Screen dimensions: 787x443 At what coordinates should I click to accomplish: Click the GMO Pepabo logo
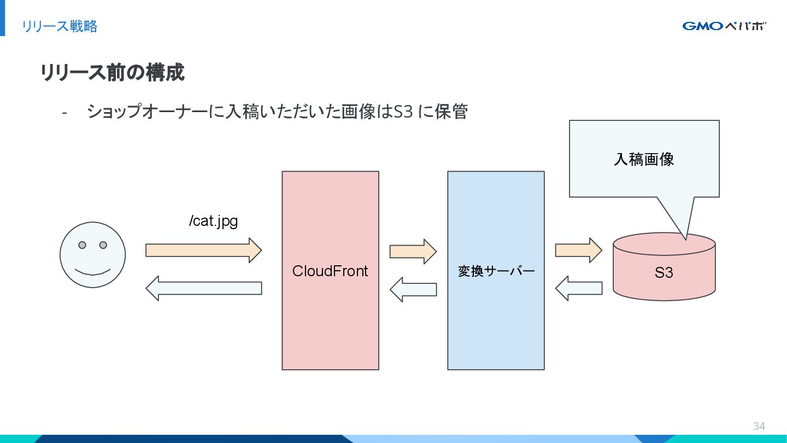[x=724, y=26]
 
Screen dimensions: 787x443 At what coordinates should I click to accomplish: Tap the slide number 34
[x=759, y=426]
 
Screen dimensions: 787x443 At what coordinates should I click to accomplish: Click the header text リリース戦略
[x=60, y=26]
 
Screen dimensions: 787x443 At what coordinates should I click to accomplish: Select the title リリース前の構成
[x=113, y=72]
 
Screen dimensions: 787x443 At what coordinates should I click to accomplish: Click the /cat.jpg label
[x=213, y=221]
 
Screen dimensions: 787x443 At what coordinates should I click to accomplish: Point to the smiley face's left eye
[x=82, y=245]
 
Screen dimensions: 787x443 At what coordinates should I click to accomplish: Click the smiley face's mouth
[x=93, y=272]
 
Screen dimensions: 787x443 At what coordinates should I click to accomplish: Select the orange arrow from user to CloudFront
[x=204, y=250]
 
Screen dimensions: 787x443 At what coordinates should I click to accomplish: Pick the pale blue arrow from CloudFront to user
[x=204, y=288]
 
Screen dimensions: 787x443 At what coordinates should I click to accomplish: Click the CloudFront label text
[x=330, y=271]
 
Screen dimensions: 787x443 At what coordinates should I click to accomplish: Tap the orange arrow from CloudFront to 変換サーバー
[x=413, y=252]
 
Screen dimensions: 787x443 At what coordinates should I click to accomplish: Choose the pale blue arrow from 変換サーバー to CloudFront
[x=413, y=290]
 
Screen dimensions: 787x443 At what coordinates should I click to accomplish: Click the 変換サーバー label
[x=496, y=271]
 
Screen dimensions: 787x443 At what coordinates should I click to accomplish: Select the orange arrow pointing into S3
[x=579, y=250]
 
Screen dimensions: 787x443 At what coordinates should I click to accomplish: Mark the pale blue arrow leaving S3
[x=579, y=288]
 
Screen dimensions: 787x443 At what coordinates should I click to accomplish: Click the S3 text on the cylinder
[x=663, y=272]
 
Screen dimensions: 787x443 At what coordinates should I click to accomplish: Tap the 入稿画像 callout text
[x=644, y=159]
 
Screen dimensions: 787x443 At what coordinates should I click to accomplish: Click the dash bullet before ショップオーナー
[x=64, y=113]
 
